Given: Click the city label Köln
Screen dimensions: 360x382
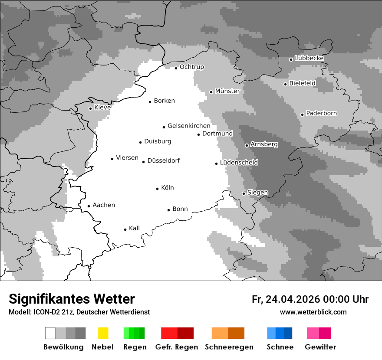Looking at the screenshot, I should point(167,188).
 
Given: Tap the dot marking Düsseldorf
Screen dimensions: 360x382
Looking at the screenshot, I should point(143,162).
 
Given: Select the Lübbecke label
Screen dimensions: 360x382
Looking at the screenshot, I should point(309,58).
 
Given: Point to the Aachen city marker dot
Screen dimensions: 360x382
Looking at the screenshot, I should point(89,206).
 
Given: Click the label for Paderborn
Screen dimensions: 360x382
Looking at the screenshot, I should point(321,113).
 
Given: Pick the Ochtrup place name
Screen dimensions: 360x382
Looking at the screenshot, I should point(191,67).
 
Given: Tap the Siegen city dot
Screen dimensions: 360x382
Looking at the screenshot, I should point(244,193).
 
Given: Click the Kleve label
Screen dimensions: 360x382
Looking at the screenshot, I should point(102,107).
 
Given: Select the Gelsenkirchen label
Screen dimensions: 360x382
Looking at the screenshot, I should point(189,126).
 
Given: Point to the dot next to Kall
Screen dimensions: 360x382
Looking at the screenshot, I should point(125,229).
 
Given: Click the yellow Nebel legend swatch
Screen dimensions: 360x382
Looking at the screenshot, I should point(103,333).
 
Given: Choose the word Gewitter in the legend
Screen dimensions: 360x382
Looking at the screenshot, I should point(320,347).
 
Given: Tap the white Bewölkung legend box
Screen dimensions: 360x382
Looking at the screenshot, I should point(50,333).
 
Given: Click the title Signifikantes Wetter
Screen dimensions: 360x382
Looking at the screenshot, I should point(72,299).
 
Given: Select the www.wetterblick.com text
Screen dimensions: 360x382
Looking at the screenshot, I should point(313,312).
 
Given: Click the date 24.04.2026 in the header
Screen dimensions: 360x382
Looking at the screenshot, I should point(293,299).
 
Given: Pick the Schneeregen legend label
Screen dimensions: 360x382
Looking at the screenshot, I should point(229,347).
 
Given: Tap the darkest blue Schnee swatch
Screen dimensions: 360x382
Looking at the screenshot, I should point(288,333).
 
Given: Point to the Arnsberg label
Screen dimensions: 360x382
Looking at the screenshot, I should point(264,144).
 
